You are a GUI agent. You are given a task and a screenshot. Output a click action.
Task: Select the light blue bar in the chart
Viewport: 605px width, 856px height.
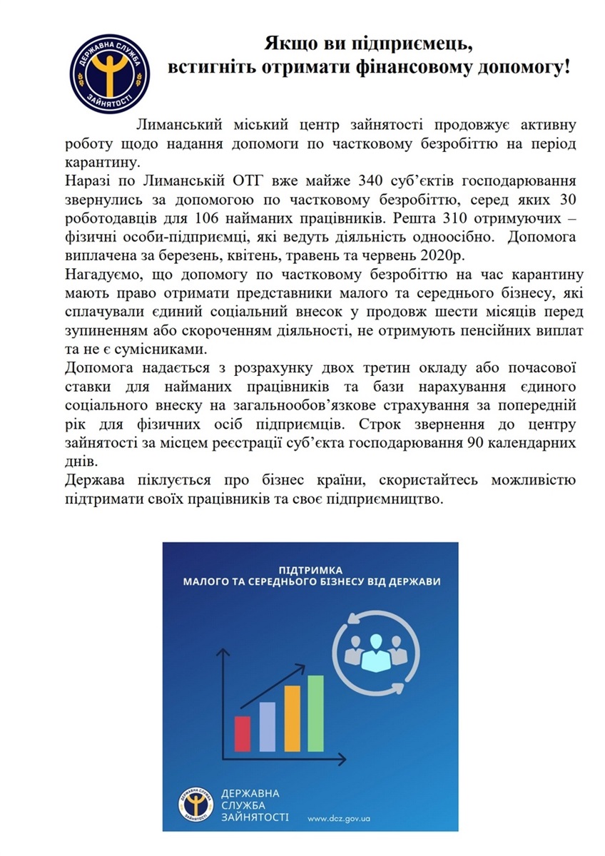[267, 726]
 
